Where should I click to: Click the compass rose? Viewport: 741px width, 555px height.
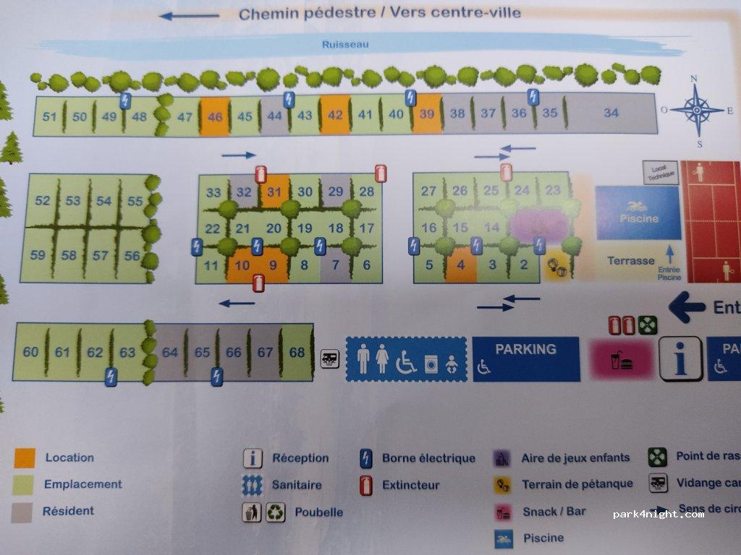(696, 110)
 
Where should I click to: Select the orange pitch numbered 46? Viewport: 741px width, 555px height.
(215, 116)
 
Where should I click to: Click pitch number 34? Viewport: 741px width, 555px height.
(611, 113)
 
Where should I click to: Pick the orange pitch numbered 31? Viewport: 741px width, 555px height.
(274, 192)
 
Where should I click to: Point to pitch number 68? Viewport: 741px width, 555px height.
(297, 352)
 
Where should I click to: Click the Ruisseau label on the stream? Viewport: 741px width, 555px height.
(346, 44)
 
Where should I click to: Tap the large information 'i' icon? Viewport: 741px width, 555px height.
(680, 358)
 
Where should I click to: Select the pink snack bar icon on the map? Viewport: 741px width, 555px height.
(621, 360)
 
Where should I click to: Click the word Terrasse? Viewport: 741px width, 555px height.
(630, 261)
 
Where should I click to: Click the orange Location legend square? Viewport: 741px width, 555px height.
(25, 457)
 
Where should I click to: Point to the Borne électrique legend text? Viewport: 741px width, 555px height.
(428, 458)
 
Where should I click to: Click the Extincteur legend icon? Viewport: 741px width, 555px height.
(366, 484)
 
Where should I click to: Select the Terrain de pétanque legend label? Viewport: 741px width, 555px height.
(577, 484)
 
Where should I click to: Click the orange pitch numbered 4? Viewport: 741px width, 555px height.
(460, 264)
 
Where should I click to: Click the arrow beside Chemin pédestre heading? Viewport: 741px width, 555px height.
(189, 16)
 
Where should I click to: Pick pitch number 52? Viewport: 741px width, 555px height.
(43, 201)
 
